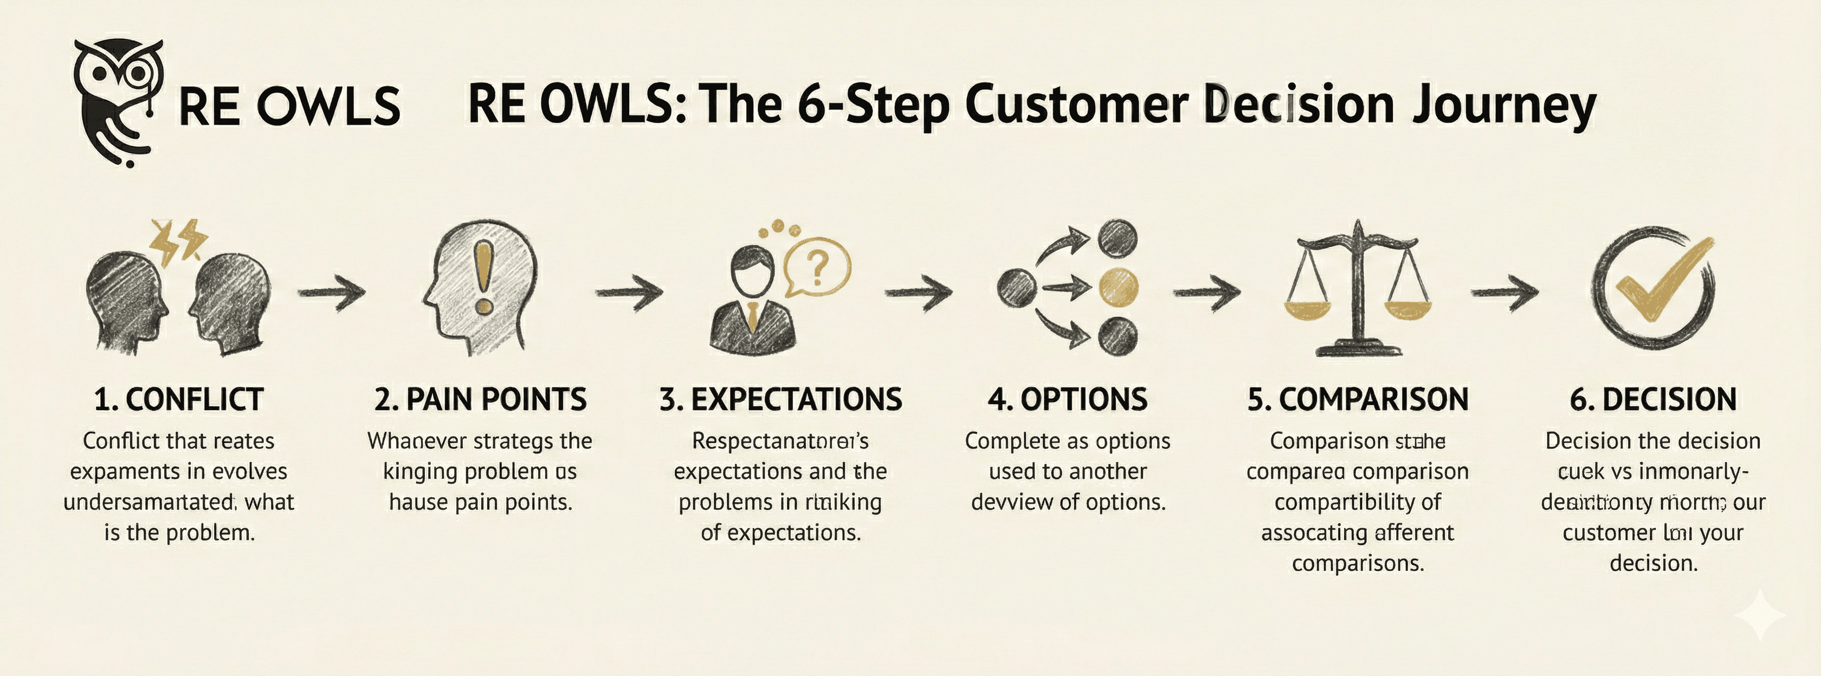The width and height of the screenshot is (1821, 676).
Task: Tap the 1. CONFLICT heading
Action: (179, 400)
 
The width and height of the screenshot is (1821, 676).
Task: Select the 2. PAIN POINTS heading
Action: (481, 400)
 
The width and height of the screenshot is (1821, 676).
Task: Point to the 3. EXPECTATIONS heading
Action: (780, 400)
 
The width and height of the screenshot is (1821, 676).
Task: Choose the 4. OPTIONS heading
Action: (1068, 400)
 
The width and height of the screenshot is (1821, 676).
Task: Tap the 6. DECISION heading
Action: (1653, 400)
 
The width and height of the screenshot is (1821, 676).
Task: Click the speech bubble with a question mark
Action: (817, 267)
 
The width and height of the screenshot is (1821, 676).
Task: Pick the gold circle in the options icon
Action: (1120, 288)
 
